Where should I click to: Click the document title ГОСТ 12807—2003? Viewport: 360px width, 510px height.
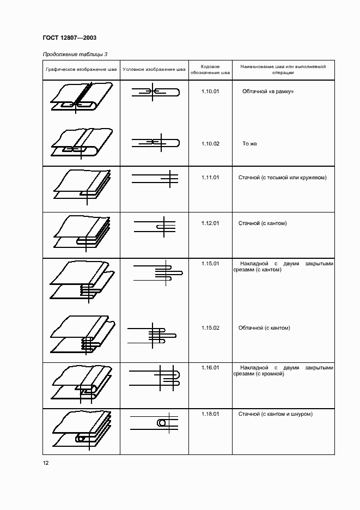(70, 38)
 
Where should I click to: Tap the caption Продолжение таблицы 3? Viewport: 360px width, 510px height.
(75, 54)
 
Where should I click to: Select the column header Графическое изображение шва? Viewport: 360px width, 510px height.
(81, 69)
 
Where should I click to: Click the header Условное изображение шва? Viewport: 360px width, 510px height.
(154, 69)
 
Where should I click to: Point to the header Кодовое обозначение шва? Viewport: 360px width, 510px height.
(210, 70)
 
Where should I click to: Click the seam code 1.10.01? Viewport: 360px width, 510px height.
(210, 92)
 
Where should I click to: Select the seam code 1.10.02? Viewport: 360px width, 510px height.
(210, 143)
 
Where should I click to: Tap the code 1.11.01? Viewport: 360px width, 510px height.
(210, 178)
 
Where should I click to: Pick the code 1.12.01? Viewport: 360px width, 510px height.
(210, 223)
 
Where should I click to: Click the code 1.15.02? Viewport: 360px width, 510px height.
(210, 328)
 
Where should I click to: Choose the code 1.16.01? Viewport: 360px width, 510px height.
(210, 368)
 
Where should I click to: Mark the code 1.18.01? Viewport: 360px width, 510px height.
(210, 414)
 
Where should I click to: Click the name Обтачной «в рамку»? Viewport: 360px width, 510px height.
(268, 92)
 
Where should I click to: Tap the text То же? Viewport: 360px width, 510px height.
(249, 143)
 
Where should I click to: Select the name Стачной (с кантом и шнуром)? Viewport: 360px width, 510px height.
(276, 414)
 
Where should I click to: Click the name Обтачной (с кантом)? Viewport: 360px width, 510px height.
(264, 328)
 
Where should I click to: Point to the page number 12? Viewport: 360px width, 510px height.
(46, 463)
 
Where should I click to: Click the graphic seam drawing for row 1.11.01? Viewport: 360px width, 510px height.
(82, 187)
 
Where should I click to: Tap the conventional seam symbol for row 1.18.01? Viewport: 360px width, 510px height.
(154, 422)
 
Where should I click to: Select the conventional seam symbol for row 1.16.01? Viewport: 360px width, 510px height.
(154, 378)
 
